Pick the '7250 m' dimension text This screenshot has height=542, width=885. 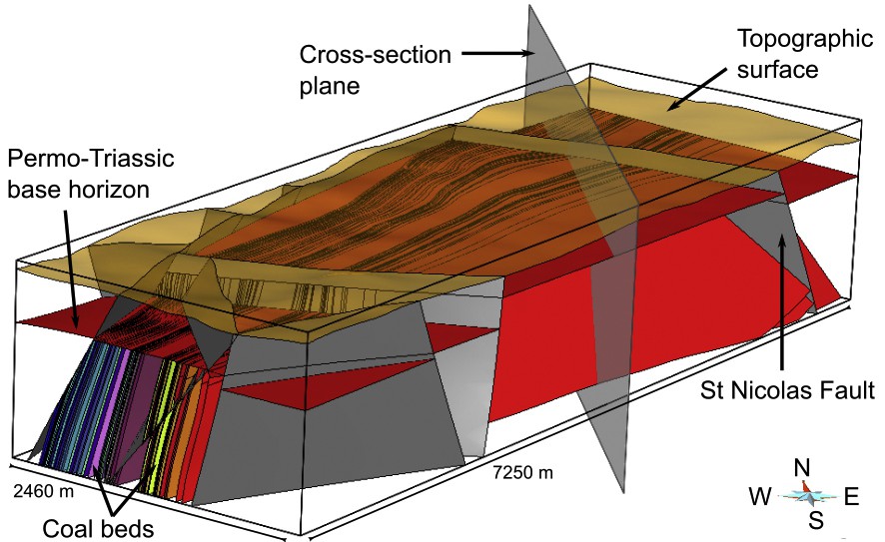[521, 471]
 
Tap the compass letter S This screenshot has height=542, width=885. [816, 519]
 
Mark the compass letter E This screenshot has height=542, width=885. [851, 494]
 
